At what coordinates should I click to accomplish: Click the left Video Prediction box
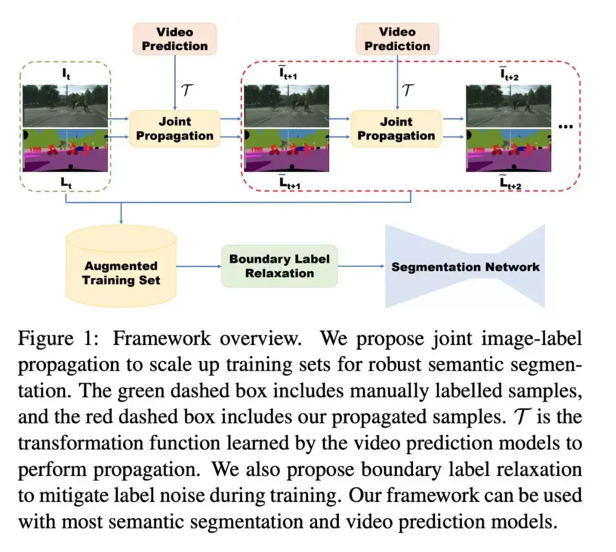tap(175, 39)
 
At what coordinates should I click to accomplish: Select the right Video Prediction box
tap(397, 39)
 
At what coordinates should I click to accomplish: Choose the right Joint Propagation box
tap(396, 129)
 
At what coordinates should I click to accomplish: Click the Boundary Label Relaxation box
tap(279, 266)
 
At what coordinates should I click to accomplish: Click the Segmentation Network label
tap(465, 267)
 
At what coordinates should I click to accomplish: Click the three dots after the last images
tap(565, 126)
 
